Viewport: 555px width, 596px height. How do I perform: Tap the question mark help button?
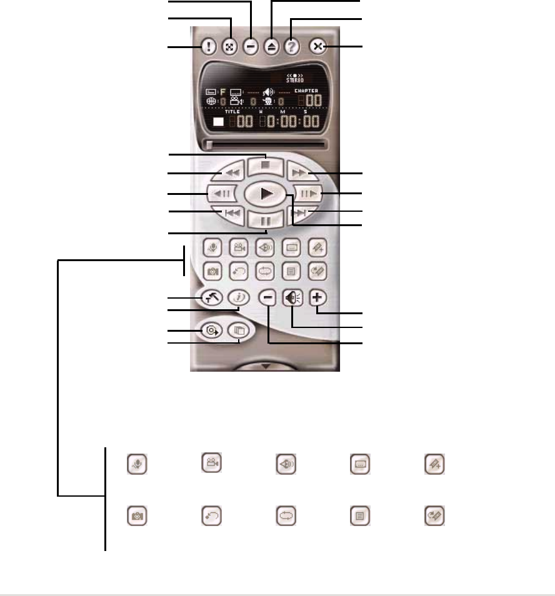291,47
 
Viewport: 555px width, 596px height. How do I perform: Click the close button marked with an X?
317,47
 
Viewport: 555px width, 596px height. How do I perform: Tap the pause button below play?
266,220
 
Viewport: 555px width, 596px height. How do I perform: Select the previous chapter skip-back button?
231,213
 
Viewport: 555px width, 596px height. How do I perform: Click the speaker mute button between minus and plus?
291,299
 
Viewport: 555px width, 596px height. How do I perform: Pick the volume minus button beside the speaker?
267,299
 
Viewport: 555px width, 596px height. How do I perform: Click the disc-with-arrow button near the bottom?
211,330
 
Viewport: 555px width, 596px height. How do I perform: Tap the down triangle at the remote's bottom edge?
265,367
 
